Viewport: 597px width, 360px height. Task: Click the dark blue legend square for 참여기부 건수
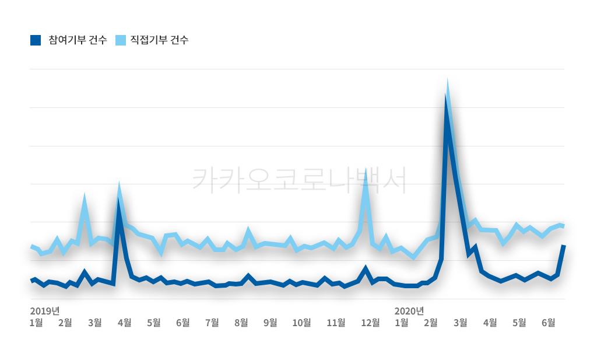coord(36,40)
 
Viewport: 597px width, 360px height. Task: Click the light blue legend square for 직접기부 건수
coord(121,40)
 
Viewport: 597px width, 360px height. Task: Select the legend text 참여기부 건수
coord(78,40)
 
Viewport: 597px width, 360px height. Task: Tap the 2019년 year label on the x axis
coord(45,310)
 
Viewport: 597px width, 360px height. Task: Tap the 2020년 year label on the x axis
coord(409,310)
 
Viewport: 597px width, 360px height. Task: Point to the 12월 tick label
coord(370,322)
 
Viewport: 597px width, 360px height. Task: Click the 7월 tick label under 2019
coord(212,322)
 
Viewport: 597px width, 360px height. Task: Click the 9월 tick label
coord(270,322)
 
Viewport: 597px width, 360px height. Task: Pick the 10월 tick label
coord(301,322)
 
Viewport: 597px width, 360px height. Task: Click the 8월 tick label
coord(241,322)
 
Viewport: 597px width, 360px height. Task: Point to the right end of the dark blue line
coord(564,246)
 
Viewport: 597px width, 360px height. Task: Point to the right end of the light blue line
coord(564,225)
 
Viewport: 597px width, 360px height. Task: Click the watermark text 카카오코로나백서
coord(298,179)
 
